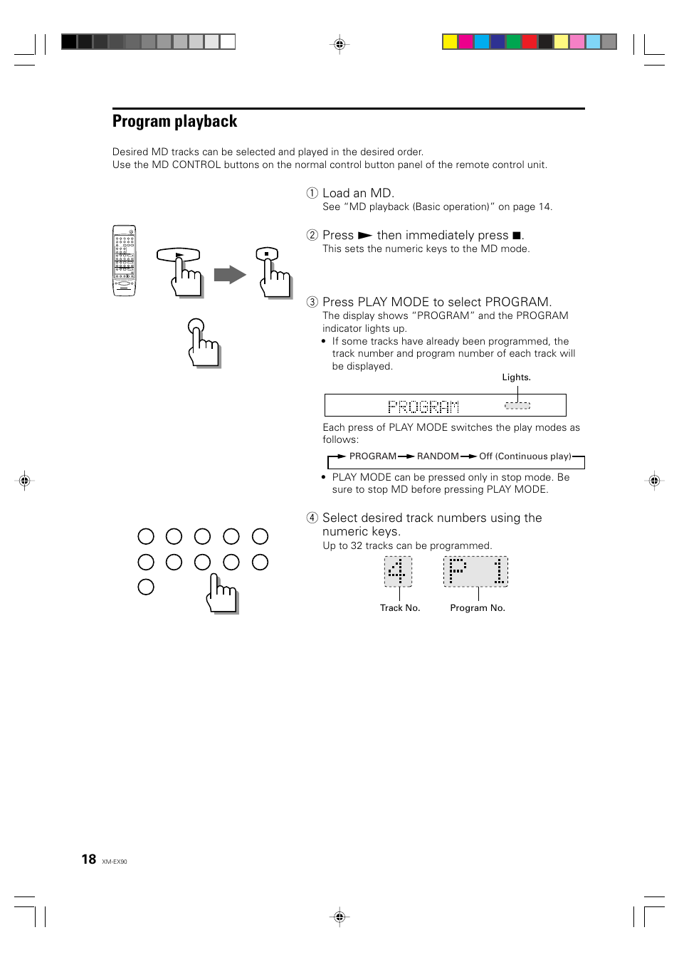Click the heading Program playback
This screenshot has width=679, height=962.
(174, 122)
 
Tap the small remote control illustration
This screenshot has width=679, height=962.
(124, 261)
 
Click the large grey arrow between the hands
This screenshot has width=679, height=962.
(229, 274)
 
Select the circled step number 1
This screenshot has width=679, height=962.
(312, 193)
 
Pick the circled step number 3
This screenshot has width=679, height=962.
(312, 302)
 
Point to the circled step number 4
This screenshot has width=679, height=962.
(312, 518)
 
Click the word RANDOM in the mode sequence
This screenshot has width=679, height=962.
(438, 456)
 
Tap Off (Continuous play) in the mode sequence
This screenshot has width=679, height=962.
(525, 456)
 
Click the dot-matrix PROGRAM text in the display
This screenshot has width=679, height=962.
(423, 407)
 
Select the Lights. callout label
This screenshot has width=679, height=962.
(516, 377)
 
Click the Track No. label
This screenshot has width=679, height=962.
(400, 608)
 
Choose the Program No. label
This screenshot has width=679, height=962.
(478, 608)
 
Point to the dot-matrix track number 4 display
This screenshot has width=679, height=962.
(398, 571)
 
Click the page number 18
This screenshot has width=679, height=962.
(88, 859)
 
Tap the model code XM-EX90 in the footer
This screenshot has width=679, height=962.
(115, 862)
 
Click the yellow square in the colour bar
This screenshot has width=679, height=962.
(450, 41)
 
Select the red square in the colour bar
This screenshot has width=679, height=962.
(529, 41)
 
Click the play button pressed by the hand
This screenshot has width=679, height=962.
(179, 254)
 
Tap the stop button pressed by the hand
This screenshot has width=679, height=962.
(266, 253)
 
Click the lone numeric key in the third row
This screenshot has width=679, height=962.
(146, 587)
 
